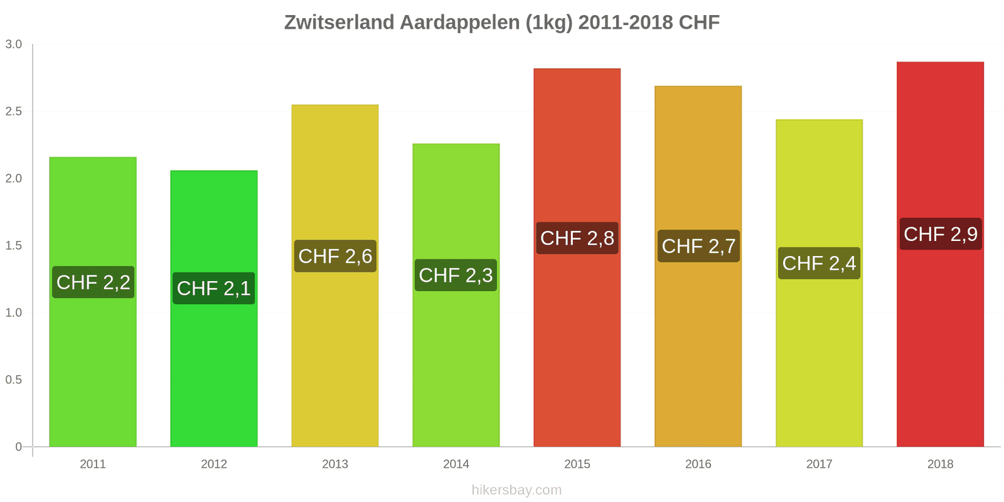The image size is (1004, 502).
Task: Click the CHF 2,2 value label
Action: pos(93,282)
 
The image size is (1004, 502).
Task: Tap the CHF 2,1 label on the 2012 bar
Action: pos(214,288)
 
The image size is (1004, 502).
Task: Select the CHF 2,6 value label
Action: pos(335,256)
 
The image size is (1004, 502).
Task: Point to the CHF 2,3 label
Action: pos(456,275)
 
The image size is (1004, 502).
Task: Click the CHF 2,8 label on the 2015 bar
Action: pos(577,238)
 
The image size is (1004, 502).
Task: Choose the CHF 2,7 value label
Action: pos(698,246)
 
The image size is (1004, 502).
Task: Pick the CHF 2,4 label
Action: pos(819,263)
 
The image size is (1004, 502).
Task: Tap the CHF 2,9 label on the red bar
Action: pos(941,234)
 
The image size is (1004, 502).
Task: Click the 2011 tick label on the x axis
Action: pos(93,464)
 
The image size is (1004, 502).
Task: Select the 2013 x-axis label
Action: pos(335,464)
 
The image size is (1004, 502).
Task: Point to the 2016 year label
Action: pos(698,464)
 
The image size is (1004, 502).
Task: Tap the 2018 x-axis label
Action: pos(940,464)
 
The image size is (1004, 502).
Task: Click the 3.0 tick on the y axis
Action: pos(14,45)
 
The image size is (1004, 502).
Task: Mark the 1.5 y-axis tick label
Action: pos(14,245)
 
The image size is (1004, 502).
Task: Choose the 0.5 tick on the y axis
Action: pos(14,380)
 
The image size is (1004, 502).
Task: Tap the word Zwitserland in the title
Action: pos(339,23)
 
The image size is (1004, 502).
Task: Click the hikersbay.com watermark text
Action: pos(516,490)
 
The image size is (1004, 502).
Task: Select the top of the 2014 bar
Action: pos(456,144)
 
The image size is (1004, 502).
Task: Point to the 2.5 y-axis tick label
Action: pos(14,112)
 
